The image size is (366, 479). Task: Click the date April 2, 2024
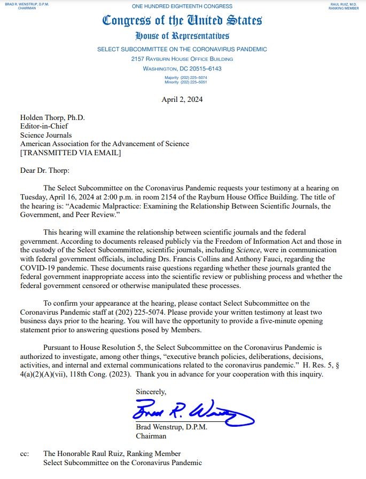click(182, 99)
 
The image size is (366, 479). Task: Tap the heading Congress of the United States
click(182, 21)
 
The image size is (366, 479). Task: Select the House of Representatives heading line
click(182, 36)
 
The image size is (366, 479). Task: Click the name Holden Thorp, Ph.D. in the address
click(52, 118)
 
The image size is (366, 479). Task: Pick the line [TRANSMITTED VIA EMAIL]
click(71, 153)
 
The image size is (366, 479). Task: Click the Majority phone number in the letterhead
click(182, 78)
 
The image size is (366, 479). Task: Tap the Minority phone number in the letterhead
click(182, 83)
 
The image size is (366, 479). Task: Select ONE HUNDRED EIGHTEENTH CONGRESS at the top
click(182, 6)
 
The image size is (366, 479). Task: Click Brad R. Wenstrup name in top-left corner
click(23, 4)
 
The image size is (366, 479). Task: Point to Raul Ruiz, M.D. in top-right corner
click(343, 4)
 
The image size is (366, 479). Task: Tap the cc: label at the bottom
click(25, 453)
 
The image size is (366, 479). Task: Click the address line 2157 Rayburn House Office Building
click(182, 59)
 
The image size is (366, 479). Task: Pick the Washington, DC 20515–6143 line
click(182, 69)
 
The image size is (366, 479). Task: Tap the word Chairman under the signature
click(152, 436)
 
